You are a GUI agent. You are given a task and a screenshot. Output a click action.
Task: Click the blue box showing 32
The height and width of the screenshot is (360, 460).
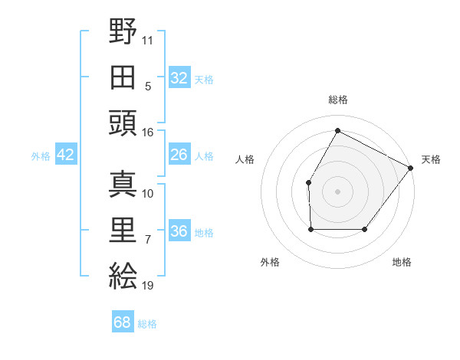click(179, 78)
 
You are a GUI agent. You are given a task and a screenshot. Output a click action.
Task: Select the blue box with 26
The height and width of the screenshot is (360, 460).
click(179, 155)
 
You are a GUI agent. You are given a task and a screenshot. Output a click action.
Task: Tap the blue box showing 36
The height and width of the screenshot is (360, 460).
click(179, 231)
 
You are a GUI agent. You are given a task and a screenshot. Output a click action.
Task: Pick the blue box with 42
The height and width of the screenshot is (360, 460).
click(65, 155)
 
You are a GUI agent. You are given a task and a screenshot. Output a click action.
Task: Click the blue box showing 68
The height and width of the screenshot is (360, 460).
click(123, 322)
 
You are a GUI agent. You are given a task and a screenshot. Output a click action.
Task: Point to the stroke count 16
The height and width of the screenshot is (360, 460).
click(147, 133)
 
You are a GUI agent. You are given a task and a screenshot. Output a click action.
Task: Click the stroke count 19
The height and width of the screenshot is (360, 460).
click(147, 286)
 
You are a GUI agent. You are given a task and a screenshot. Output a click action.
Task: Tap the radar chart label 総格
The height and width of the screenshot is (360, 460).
click(337, 100)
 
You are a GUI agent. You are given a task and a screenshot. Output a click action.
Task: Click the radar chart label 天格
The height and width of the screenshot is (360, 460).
click(431, 159)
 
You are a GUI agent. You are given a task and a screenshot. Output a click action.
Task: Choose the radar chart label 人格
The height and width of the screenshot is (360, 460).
click(245, 159)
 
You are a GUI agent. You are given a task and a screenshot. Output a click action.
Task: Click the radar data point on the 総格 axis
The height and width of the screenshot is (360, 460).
click(337, 131)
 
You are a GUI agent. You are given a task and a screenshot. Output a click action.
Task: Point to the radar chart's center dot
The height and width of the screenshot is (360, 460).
click(337, 191)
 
